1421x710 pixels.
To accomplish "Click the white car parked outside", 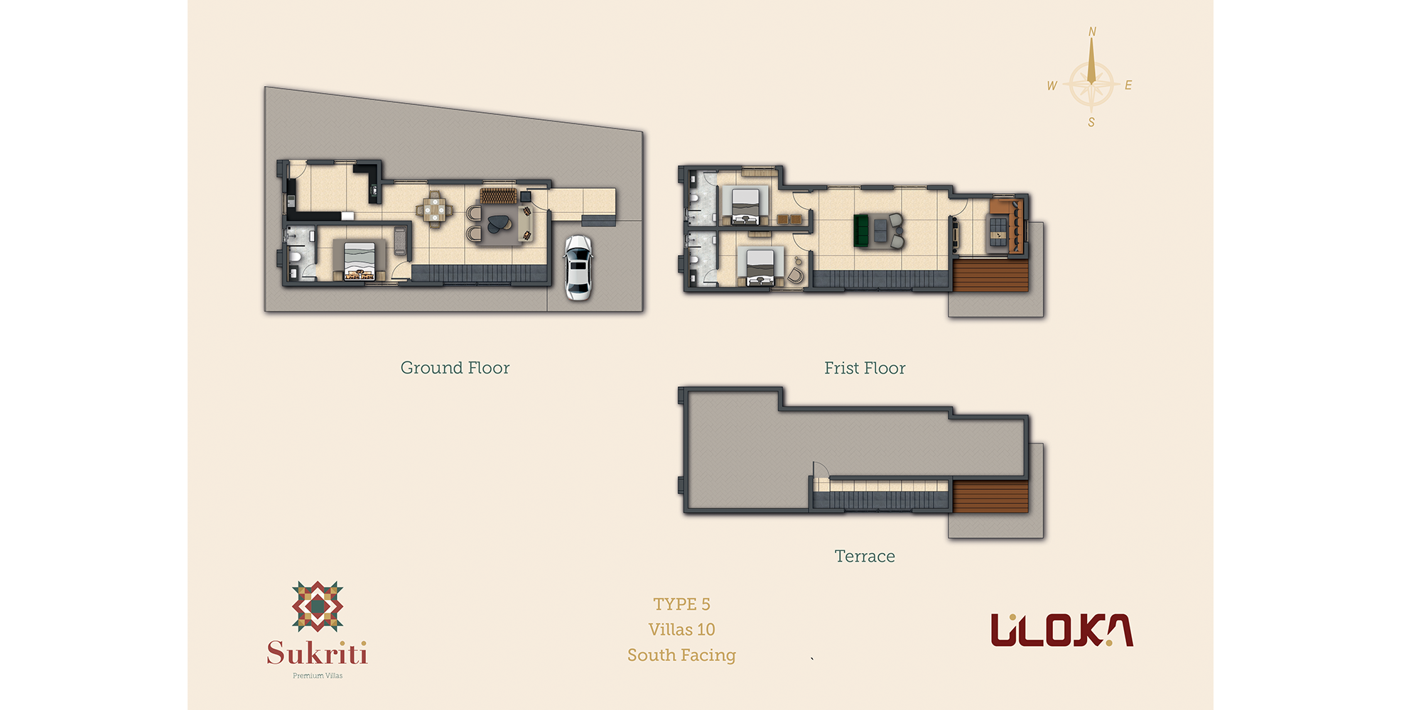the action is (578, 268).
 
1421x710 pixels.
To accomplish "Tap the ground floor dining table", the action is (434, 209).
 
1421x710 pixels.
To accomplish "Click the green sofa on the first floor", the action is (861, 231).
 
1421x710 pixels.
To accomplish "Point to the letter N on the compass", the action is (1092, 32).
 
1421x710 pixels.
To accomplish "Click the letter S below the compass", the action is (1091, 122).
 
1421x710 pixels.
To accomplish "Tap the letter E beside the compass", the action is (1128, 85).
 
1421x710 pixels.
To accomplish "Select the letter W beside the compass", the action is (1052, 86).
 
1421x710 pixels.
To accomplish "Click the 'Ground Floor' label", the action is (455, 368).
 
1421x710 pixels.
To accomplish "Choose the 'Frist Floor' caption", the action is (865, 368).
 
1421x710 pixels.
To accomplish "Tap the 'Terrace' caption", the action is (865, 556).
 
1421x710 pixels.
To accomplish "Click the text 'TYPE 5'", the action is (681, 604).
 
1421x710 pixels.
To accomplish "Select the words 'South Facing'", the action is (681, 655).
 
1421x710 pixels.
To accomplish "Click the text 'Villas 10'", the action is (681, 630).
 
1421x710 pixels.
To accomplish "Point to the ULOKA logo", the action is (1061, 630).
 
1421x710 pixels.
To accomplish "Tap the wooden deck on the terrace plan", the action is (990, 496).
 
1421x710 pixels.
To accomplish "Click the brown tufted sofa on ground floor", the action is (498, 195).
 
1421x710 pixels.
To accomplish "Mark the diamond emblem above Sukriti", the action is (318, 606).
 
